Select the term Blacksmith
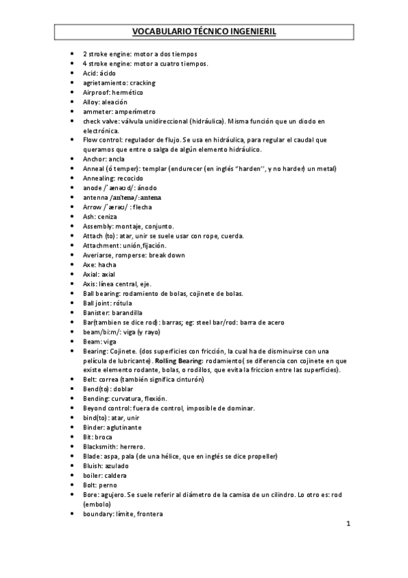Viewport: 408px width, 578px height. point(100,446)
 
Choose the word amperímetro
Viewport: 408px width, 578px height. point(137,111)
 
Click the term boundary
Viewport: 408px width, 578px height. point(98,513)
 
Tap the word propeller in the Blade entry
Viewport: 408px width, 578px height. point(261,455)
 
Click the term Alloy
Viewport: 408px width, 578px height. point(91,102)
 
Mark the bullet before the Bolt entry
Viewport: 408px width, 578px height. point(73,485)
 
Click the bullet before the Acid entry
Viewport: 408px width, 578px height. point(73,73)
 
